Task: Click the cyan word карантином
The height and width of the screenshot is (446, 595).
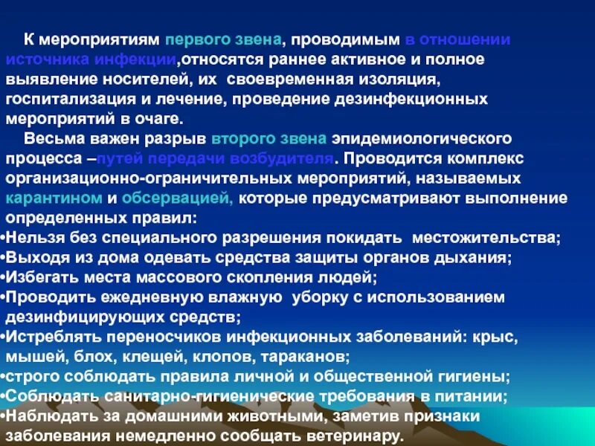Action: (x=52, y=199)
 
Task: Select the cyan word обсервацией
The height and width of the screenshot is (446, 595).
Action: (x=177, y=199)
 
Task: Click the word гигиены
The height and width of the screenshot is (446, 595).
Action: (x=477, y=376)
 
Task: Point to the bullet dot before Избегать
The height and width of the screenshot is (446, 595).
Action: (x=3, y=278)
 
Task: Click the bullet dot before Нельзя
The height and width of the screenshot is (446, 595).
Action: (x=3, y=239)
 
